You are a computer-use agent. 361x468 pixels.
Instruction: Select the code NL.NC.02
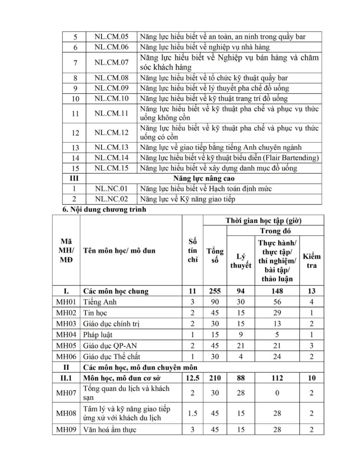click(x=111, y=199)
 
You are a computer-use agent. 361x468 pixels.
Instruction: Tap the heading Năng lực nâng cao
click(x=204, y=178)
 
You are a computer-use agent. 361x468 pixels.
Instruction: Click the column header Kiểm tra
click(x=312, y=261)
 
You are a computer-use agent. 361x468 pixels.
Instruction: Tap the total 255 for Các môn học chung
click(x=215, y=291)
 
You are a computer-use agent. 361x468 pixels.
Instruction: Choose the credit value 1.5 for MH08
click(x=192, y=413)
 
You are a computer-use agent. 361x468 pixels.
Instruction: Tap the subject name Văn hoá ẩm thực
click(x=110, y=430)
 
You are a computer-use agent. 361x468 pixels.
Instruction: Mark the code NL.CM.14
click(x=111, y=158)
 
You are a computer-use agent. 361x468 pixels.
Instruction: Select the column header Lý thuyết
click(x=241, y=261)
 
